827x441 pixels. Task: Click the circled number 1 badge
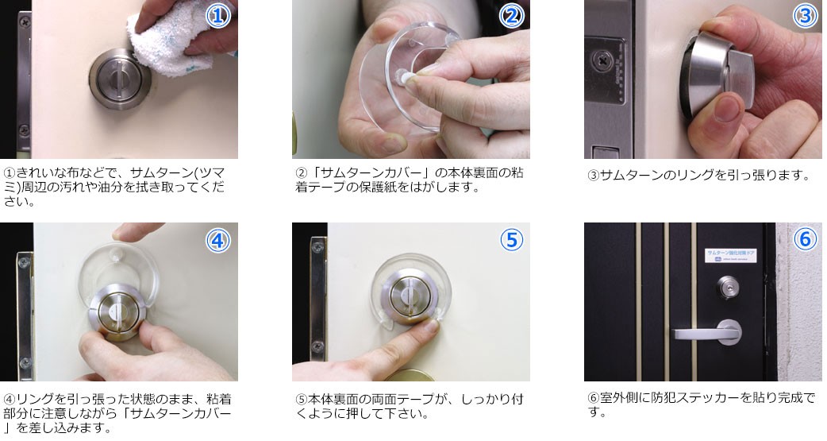click(218, 16)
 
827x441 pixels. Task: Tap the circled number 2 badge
click(511, 16)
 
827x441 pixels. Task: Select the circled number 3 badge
click(804, 16)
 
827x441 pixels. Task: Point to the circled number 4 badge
click(218, 239)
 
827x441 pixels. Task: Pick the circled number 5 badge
click(511, 239)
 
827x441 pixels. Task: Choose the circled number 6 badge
click(804, 239)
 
